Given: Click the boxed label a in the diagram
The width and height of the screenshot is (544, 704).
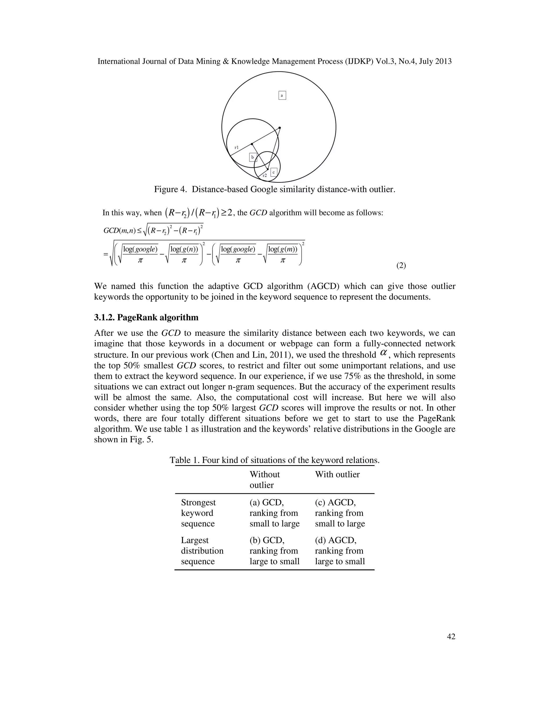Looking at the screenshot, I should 282,95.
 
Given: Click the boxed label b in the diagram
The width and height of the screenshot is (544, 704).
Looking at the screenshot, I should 253,157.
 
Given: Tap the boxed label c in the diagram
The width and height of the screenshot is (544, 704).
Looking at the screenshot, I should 274,172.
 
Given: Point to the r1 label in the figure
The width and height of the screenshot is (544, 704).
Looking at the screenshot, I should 237,147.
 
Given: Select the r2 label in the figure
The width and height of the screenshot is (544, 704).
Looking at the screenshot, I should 265,176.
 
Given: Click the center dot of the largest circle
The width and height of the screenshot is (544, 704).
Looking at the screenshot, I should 279,128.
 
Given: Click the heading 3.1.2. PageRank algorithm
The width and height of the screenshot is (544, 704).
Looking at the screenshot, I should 146,317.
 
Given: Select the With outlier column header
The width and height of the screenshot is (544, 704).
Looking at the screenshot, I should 337,474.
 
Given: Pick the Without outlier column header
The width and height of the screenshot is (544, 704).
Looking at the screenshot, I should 264,479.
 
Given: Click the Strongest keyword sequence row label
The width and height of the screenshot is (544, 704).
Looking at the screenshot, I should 198,513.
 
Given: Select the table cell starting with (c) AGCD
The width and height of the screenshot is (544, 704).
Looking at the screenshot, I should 340,513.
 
